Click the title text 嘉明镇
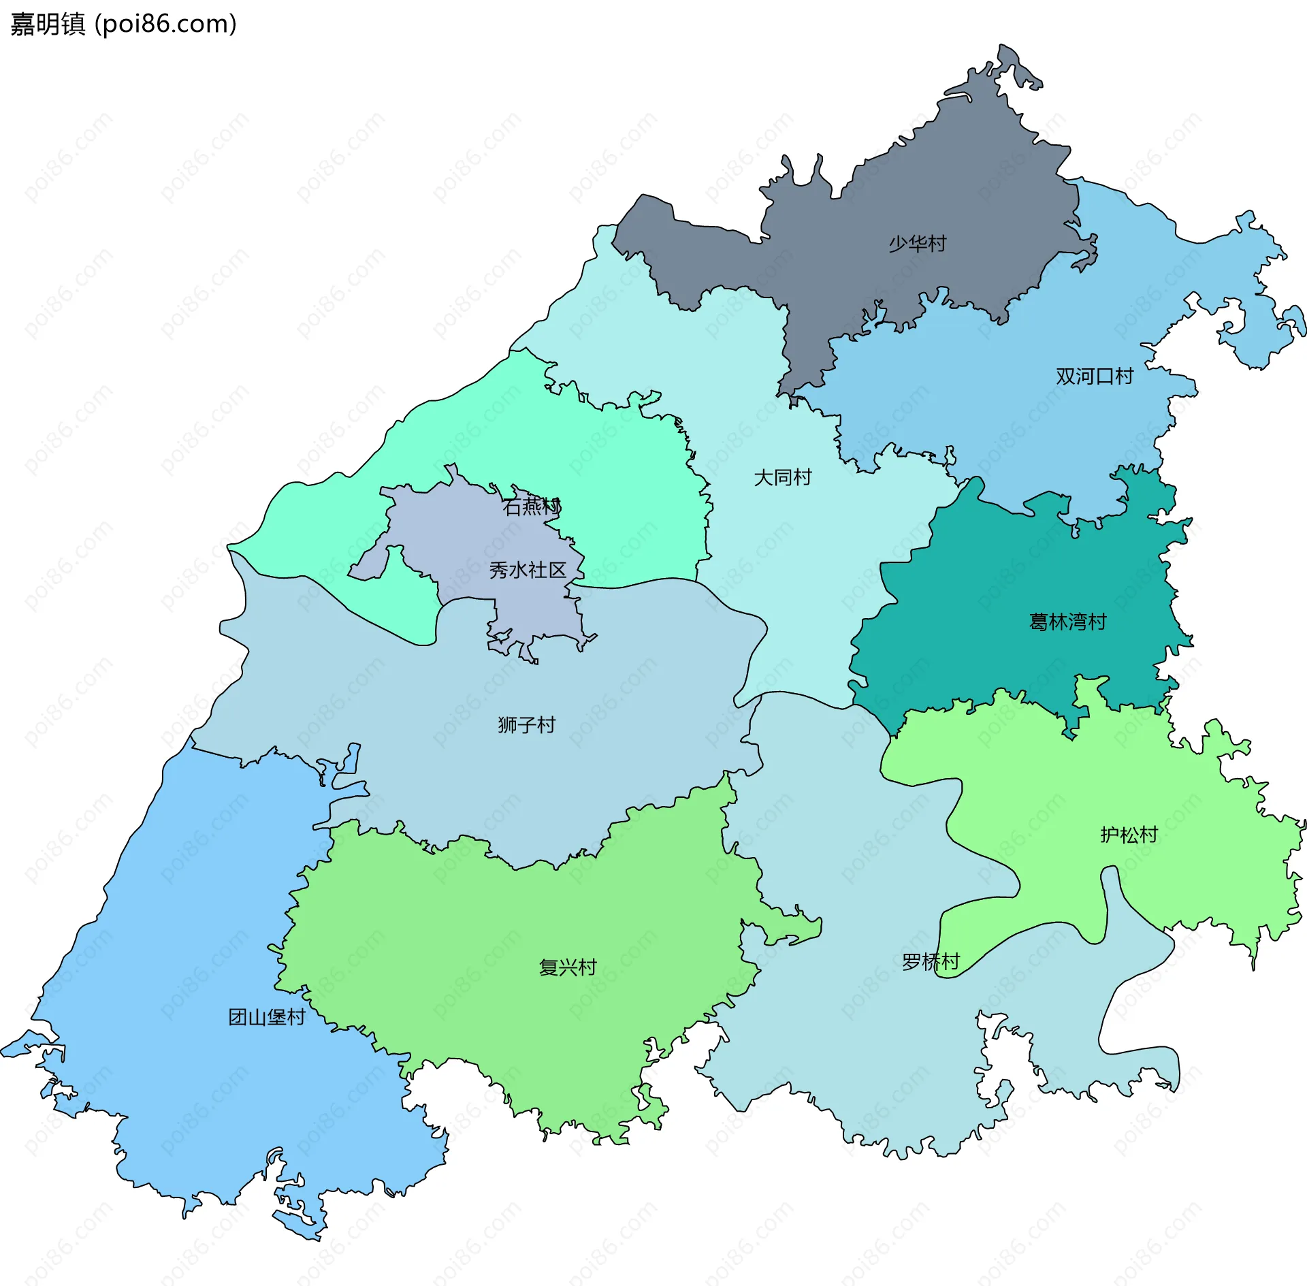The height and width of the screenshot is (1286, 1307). (x=48, y=24)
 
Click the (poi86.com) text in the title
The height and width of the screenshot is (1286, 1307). (x=165, y=24)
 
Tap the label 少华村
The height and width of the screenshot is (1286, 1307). (x=917, y=243)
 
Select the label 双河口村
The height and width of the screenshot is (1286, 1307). (x=1094, y=376)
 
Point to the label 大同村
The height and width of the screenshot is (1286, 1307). (x=782, y=477)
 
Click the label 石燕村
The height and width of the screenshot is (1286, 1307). (x=532, y=507)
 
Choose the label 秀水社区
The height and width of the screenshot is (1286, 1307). (x=528, y=570)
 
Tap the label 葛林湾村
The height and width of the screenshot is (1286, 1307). (x=1067, y=622)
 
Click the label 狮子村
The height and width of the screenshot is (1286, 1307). (x=526, y=724)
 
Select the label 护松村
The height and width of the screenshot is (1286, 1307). (x=1129, y=835)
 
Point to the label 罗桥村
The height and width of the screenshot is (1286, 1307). (x=931, y=961)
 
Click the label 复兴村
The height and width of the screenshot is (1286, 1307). (x=568, y=967)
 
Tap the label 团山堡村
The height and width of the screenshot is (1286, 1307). (x=266, y=1017)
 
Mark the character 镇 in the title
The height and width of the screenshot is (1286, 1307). (x=73, y=24)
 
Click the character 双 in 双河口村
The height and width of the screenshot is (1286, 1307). (x=1065, y=376)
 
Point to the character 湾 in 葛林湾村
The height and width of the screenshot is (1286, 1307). (x=1077, y=622)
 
